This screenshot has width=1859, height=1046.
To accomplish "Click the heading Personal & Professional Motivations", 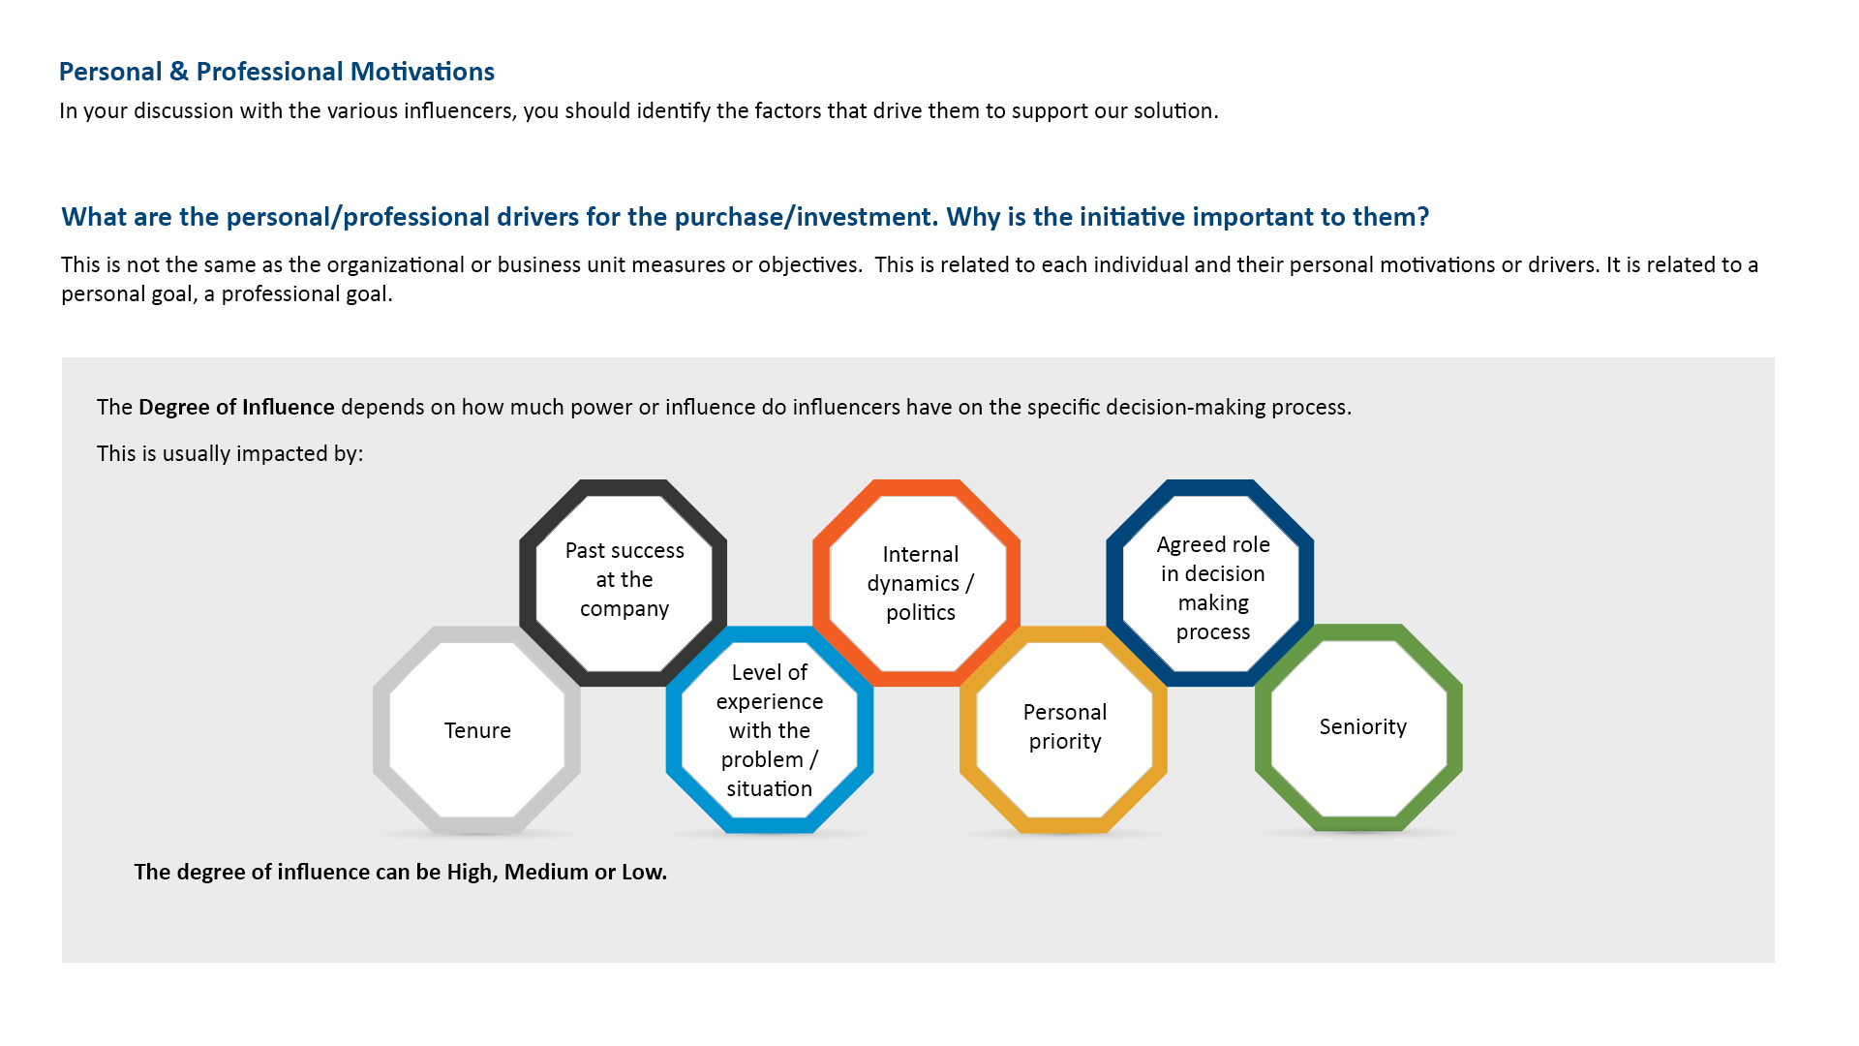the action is [277, 72].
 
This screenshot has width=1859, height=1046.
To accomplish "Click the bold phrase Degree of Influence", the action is [236, 407].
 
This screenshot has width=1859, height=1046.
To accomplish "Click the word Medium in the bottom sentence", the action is [546, 872].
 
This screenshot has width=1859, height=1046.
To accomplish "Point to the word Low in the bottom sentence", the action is [643, 872].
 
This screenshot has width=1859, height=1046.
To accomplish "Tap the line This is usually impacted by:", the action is [229, 454].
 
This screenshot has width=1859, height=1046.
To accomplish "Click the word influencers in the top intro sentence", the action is [460, 110].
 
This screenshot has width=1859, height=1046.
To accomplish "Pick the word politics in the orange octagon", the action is [921, 613].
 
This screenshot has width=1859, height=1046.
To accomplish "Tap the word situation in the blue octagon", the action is [770, 789].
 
